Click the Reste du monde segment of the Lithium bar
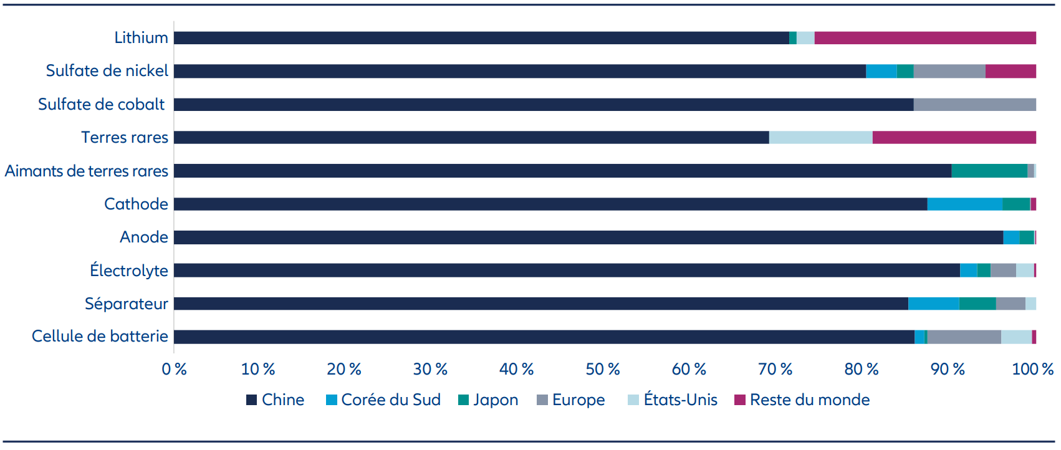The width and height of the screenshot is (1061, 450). [925, 38]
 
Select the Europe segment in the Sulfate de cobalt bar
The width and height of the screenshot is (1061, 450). [975, 104]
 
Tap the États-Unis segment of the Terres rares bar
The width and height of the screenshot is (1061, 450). [821, 137]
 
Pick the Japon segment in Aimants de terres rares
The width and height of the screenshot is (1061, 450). [989, 171]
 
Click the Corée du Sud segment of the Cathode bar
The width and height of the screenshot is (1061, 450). [965, 204]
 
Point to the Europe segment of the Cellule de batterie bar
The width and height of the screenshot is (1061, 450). [964, 337]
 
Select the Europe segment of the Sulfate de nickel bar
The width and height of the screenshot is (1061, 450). [949, 71]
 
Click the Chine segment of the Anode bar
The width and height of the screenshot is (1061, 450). [588, 237]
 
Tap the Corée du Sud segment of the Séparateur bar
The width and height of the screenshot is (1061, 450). [934, 304]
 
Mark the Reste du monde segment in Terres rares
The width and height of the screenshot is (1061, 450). [954, 137]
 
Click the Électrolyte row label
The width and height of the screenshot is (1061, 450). [129, 270]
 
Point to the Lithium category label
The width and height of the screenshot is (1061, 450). [141, 37]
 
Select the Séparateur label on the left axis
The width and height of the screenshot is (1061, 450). [127, 303]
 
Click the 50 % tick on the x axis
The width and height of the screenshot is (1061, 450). [602, 369]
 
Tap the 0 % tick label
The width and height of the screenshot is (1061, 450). [175, 369]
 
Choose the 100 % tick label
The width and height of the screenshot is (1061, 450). [1032, 369]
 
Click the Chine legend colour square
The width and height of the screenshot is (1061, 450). [251, 400]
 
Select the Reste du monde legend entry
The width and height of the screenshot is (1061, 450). [802, 400]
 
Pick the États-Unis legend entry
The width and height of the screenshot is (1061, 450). [673, 400]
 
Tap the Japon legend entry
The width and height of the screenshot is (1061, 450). [488, 400]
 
